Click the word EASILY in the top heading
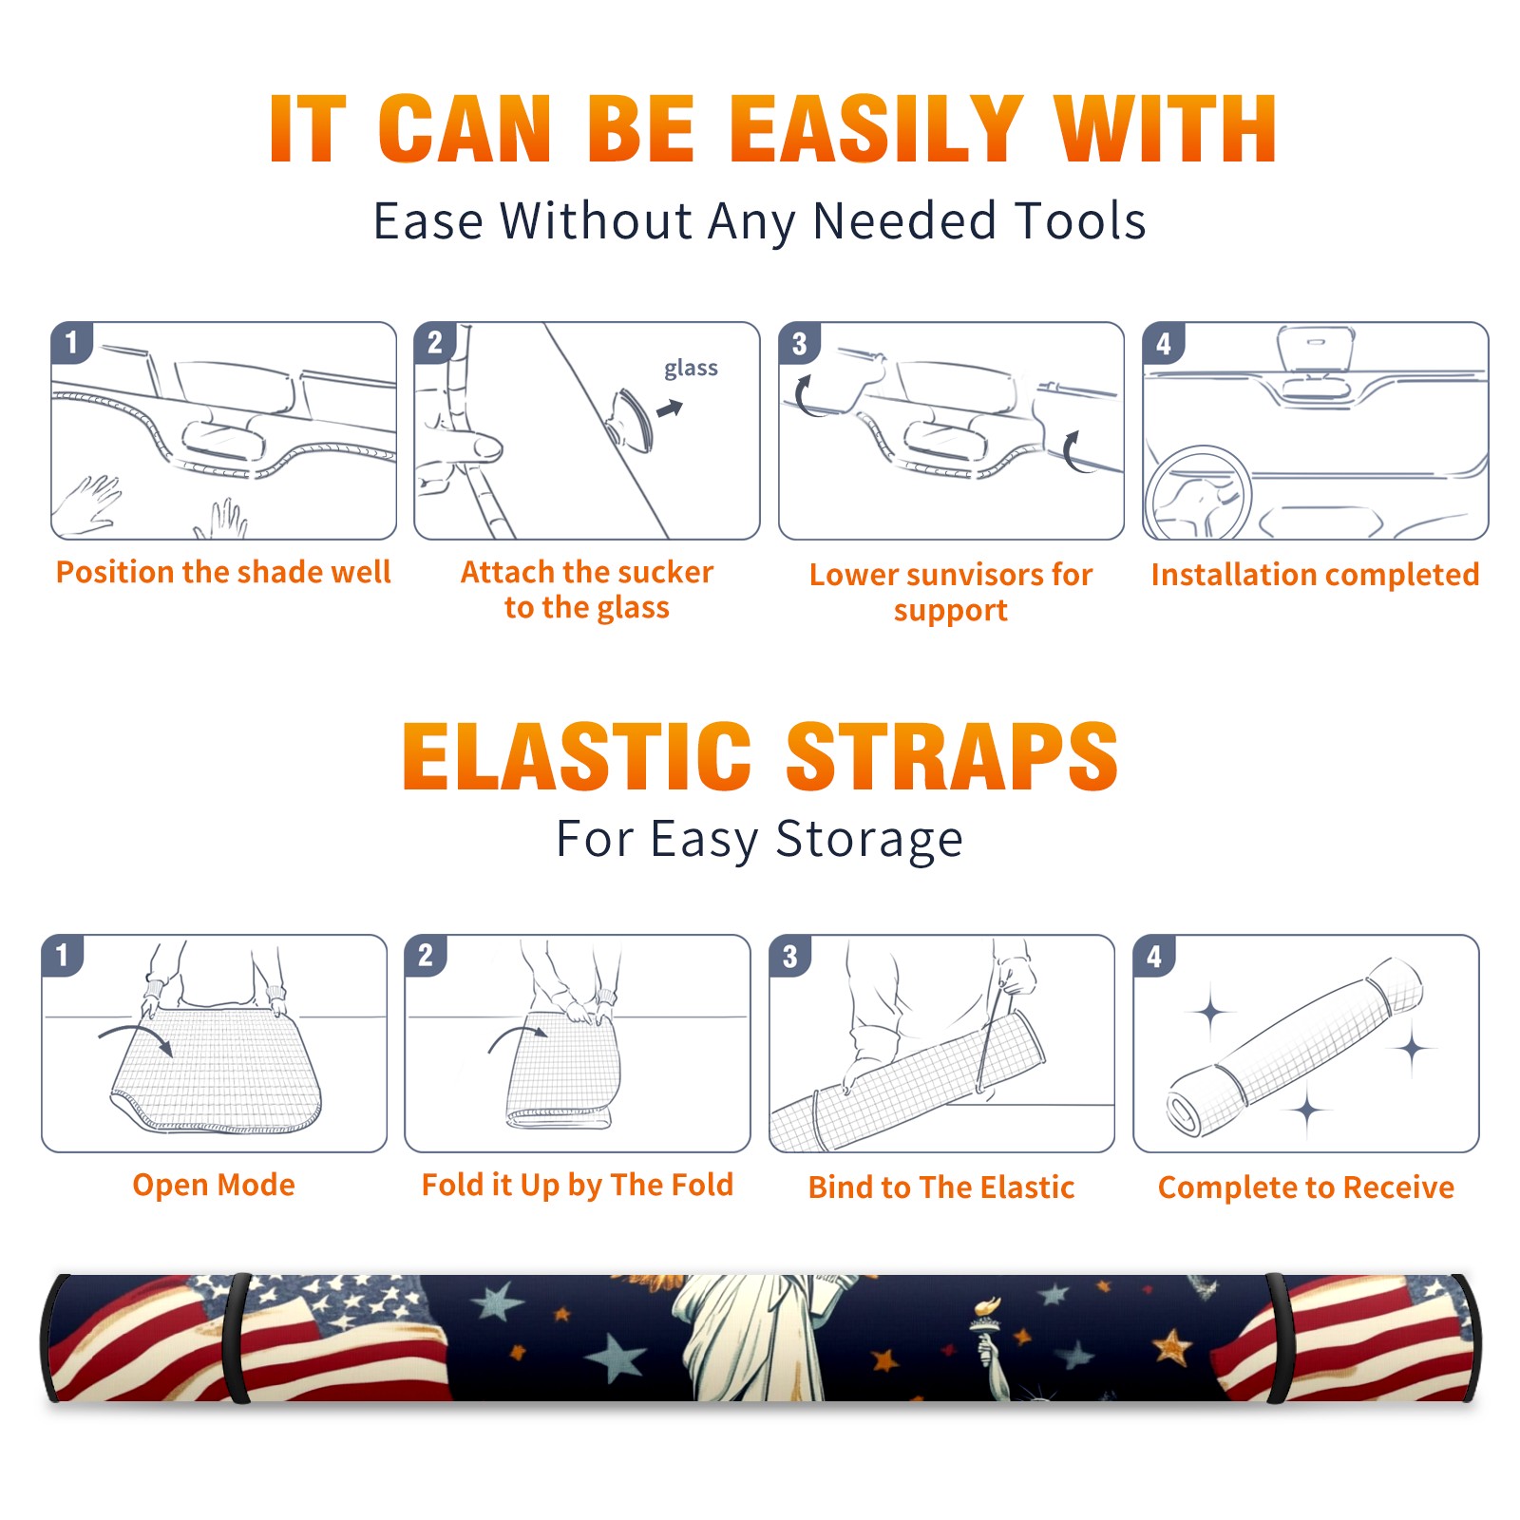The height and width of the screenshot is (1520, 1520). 876,129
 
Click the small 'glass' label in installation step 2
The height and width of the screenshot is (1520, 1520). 691,369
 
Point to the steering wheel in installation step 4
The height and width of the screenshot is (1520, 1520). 1198,494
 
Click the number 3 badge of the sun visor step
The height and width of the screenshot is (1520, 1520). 799,343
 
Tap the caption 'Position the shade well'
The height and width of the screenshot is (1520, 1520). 223,572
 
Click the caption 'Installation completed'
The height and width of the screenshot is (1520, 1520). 1315,574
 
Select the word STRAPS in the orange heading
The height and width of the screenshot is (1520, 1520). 952,756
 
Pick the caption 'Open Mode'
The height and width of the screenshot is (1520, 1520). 214,1185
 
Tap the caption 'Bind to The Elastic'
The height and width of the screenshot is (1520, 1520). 940,1187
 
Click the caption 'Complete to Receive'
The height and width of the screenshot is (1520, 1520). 1306,1187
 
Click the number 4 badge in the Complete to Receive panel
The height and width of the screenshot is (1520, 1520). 1154,956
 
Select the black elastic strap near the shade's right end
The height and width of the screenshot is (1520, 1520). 1277,1338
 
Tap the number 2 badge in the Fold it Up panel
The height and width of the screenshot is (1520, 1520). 425,955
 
